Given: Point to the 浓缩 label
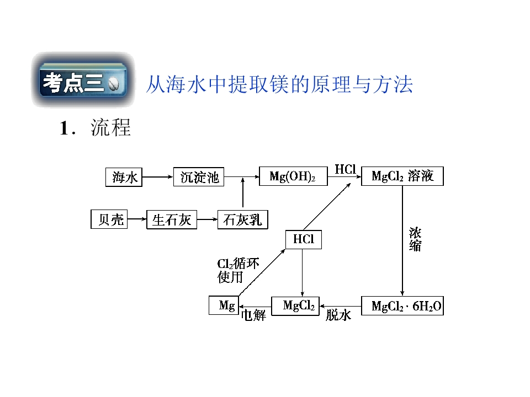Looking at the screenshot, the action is pyautogui.click(x=415, y=239).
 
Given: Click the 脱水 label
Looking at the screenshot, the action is pyautogui.click(x=338, y=315).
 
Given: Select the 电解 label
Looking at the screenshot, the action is pyautogui.click(x=253, y=315).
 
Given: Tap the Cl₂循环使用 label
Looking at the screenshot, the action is pyautogui.click(x=238, y=270).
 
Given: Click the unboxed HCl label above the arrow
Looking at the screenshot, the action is pyautogui.click(x=346, y=169).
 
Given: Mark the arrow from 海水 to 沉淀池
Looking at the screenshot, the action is pyautogui.click(x=158, y=177).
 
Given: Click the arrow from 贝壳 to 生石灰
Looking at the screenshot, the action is pyautogui.click(x=137, y=219).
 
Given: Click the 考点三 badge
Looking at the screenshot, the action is pyautogui.click(x=83, y=80).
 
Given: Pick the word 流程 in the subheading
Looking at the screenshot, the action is pyautogui.click(x=110, y=128).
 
